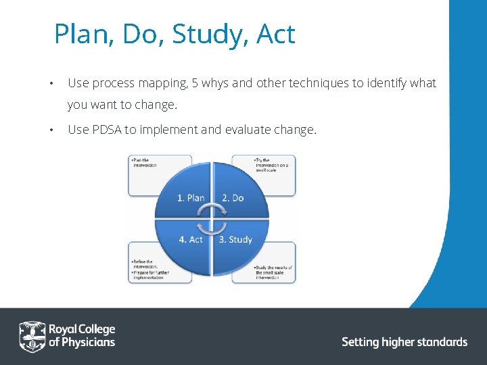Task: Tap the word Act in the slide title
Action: point(276,34)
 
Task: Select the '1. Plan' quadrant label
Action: point(191,198)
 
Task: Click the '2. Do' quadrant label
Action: point(233,198)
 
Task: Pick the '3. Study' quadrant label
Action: point(235,239)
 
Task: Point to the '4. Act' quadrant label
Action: point(191,239)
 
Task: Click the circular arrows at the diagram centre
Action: point(212,219)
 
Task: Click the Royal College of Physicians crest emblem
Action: point(32,335)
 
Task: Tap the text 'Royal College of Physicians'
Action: point(82,335)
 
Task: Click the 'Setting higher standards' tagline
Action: point(404,342)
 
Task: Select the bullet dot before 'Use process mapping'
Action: point(51,84)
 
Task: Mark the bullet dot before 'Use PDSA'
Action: point(51,130)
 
